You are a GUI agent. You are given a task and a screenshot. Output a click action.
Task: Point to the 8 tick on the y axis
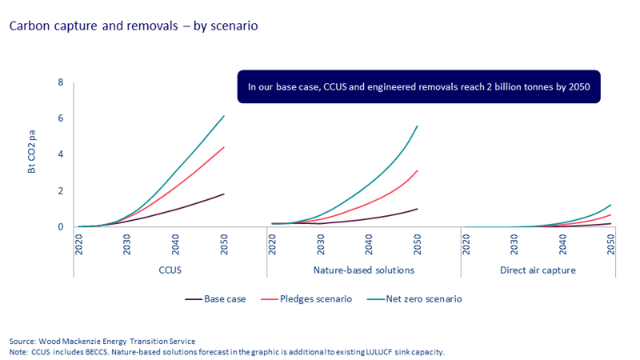tap(61, 82)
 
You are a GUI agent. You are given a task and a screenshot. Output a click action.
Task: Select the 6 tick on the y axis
tap(61, 118)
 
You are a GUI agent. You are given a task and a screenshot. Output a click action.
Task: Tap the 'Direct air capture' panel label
tap(538, 270)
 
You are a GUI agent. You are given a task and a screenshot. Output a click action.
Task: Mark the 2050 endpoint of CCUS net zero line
tap(224, 116)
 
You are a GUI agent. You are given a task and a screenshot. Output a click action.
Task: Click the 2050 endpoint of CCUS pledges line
tap(224, 147)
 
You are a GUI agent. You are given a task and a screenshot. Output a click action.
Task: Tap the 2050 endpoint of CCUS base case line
tap(224, 194)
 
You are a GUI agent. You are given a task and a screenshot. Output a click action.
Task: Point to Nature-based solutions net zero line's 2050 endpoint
tap(418, 126)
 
